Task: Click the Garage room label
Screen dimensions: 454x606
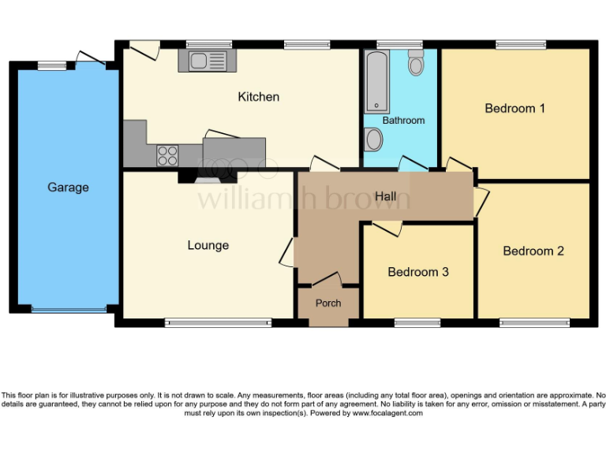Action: tap(68, 188)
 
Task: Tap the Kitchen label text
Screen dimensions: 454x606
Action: tap(259, 97)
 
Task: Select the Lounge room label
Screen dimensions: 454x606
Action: tap(208, 245)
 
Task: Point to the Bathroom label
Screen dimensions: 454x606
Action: tap(403, 121)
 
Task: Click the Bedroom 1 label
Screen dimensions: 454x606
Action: tap(514, 108)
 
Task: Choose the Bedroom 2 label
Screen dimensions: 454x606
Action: tap(533, 251)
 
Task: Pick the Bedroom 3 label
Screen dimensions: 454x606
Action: tap(418, 272)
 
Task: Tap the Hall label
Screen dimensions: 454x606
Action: tap(386, 195)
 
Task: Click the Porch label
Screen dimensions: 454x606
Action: tap(328, 303)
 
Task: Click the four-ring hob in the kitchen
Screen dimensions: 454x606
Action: tap(168, 154)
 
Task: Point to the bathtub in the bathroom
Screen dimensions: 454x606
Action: tap(377, 81)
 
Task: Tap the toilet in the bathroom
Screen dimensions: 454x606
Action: tap(416, 63)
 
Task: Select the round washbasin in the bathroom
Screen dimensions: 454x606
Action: tap(374, 140)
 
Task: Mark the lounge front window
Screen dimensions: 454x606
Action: tap(218, 322)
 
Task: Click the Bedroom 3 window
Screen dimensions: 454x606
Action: tap(417, 322)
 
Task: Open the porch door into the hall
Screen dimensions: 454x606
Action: tap(327, 281)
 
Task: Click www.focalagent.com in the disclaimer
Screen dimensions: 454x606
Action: tap(387, 413)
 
